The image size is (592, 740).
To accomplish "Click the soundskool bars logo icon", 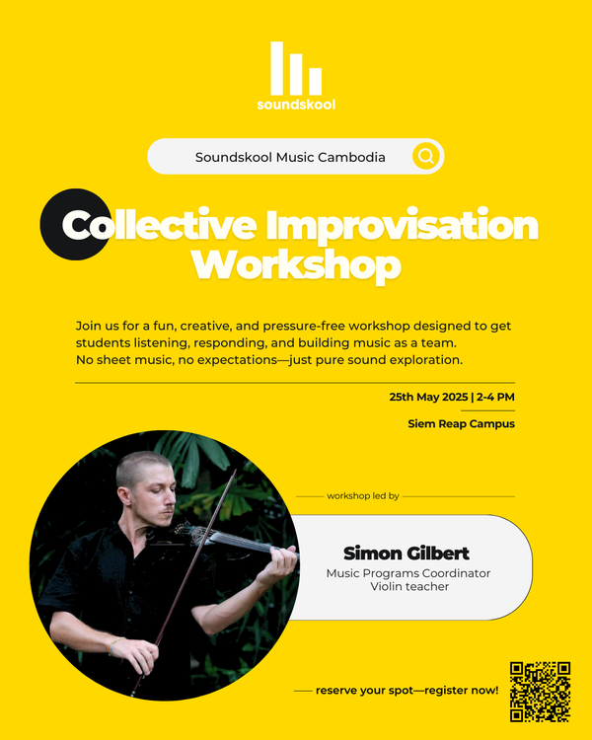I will point(296,67).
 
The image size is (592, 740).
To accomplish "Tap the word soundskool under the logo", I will point(296,104).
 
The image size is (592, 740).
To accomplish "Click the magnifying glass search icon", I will point(425,156).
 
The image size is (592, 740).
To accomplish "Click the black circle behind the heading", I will point(69,224).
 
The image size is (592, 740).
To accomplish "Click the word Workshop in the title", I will point(296,264).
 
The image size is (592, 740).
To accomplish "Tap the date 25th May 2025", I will point(428,397).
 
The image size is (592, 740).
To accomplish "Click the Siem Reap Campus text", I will point(461,424).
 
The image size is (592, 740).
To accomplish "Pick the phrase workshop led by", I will point(363,496).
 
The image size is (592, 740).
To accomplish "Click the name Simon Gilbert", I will point(407,553).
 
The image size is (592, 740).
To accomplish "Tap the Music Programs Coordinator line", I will point(407,573).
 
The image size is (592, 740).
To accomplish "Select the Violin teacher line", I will point(408,587).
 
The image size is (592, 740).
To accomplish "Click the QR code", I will point(540,691).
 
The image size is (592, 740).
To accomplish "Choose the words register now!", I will point(461,691).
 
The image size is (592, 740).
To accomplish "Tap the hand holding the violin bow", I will point(139,653).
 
